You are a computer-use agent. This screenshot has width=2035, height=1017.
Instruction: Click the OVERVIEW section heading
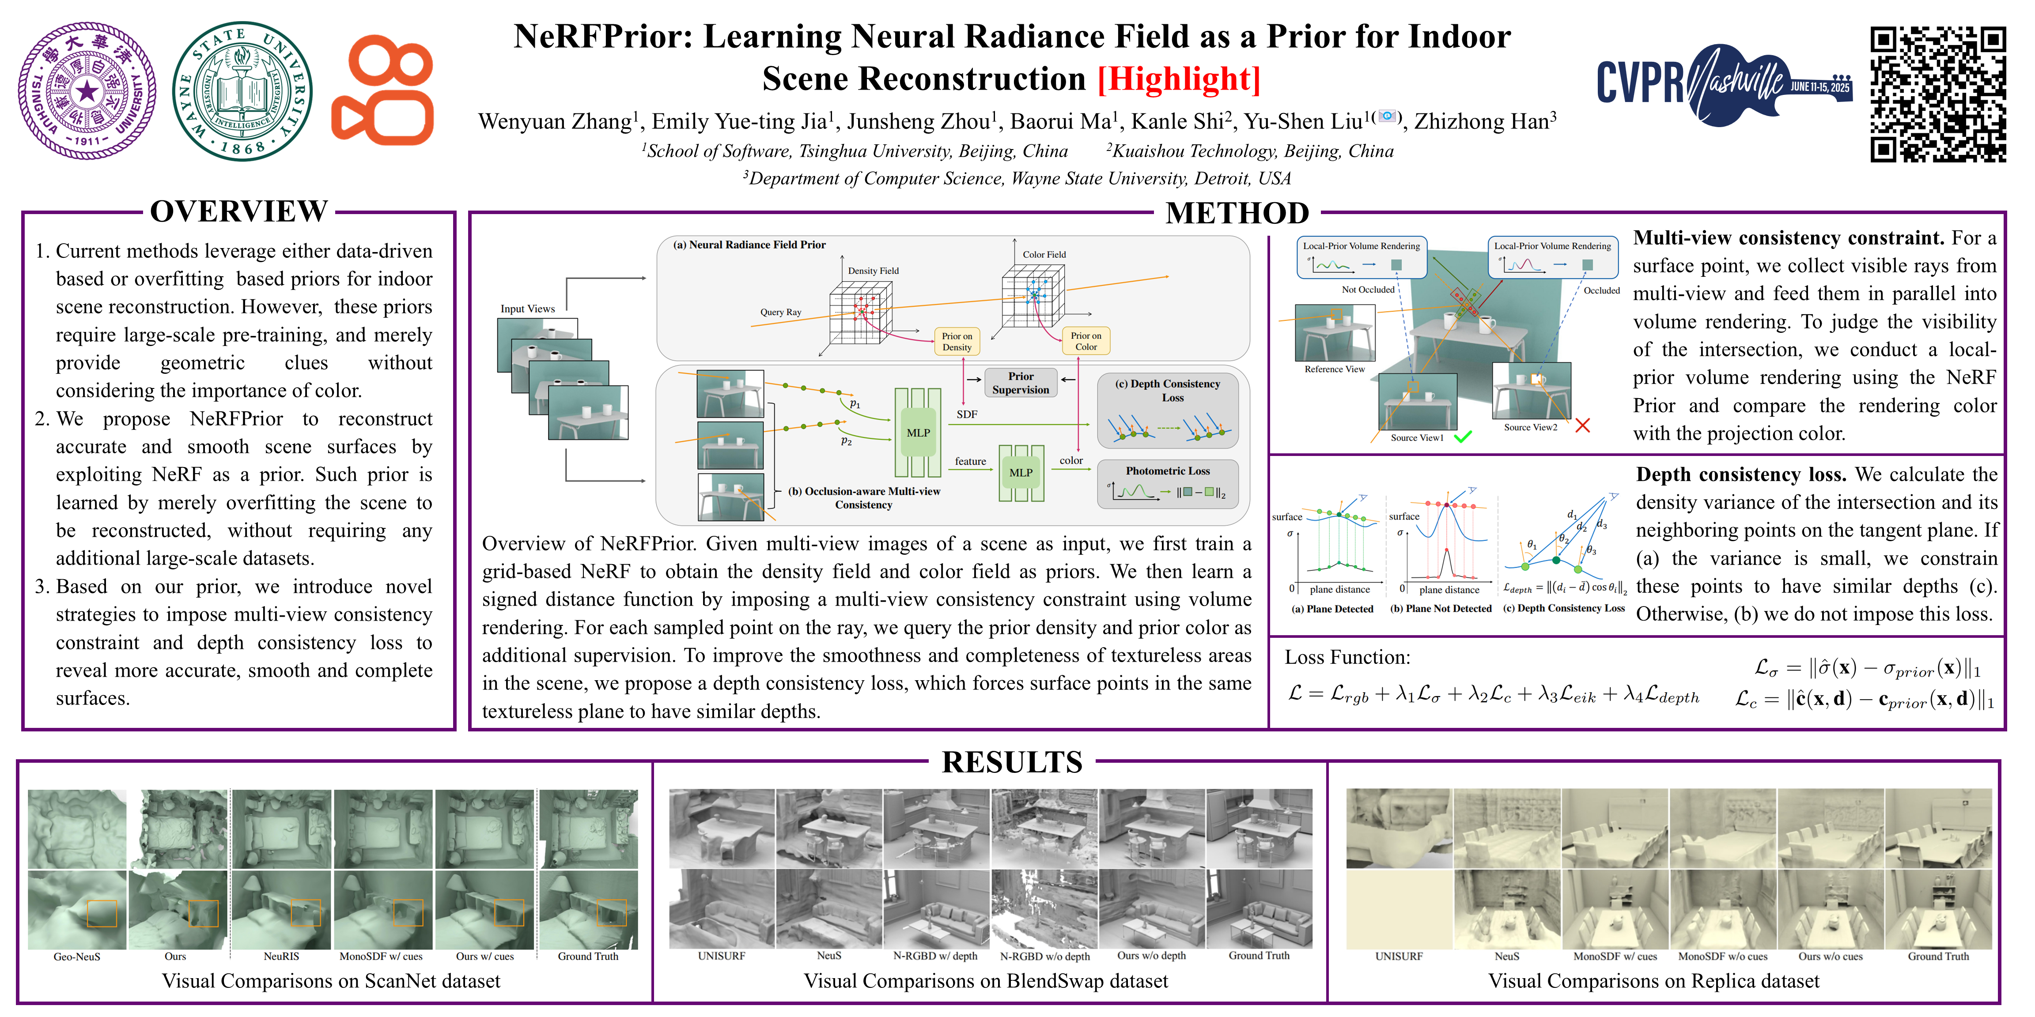(x=238, y=211)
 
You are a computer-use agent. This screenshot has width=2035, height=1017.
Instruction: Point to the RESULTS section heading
(x=1012, y=762)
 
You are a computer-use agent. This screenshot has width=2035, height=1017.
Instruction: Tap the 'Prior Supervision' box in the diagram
(x=1021, y=383)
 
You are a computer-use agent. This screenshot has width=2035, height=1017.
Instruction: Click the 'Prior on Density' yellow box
(x=957, y=341)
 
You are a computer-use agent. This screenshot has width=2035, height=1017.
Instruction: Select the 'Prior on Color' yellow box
(x=1086, y=341)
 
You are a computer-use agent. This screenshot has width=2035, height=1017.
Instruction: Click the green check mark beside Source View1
(x=1463, y=437)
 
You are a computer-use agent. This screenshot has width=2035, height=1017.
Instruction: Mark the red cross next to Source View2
(x=1582, y=426)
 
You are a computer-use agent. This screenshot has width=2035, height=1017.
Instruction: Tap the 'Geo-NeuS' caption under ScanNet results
(x=77, y=956)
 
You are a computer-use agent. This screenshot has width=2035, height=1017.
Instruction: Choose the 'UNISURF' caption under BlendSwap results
(x=721, y=955)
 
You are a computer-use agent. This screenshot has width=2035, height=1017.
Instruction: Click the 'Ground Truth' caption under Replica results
(x=1938, y=956)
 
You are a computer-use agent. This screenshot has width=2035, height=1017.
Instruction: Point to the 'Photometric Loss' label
(x=1168, y=471)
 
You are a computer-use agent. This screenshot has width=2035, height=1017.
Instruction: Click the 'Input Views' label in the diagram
(x=528, y=309)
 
